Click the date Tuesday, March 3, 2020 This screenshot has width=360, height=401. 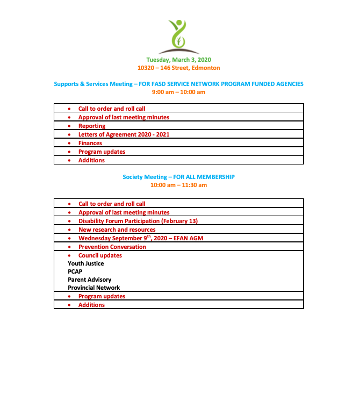[x=178, y=60]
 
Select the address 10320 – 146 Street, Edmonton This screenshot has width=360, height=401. [x=178, y=68]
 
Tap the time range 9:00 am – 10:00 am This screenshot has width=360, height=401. [x=178, y=92]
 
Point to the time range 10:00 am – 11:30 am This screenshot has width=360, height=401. [x=178, y=185]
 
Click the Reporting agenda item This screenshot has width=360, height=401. [x=92, y=126]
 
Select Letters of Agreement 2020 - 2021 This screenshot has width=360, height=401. [x=124, y=134]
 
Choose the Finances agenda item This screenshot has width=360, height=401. [x=90, y=143]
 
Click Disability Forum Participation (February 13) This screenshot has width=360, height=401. [x=138, y=221]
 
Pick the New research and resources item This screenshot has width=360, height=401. [x=117, y=230]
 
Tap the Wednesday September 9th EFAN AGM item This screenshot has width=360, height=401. [x=141, y=238]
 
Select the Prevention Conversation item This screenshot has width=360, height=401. [x=112, y=247]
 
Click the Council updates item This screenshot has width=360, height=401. [x=100, y=255]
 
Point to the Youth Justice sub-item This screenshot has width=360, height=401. [x=86, y=263]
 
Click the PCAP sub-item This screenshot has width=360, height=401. [x=75, y=271]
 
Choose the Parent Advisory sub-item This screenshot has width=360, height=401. [x=90, y=280]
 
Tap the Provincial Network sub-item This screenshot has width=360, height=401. [x=94, y=288]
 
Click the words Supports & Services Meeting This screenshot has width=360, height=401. [x=93, y=84]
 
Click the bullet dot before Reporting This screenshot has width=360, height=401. [x=69, y=126]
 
